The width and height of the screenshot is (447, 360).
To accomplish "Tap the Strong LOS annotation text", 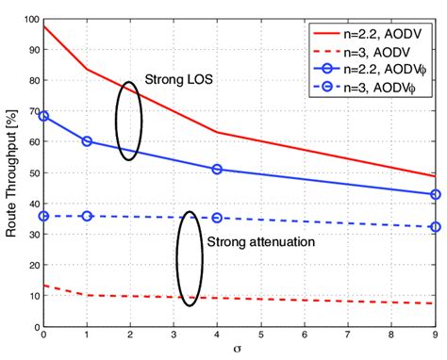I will coord(177,80).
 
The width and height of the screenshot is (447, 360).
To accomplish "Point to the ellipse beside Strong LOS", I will coord(129,120).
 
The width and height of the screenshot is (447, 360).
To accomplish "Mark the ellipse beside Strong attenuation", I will coord(190,257).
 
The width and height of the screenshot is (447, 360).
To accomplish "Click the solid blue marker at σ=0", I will coord(43,116).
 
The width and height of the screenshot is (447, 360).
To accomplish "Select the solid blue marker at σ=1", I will coord(87,141).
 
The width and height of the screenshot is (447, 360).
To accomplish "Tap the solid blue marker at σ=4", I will coord(218,169).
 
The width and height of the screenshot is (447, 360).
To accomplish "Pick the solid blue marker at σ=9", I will coord(435,194).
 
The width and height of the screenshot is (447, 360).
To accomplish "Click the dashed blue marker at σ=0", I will coord(43,216).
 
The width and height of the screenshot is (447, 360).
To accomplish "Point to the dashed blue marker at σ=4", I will coord(218,218).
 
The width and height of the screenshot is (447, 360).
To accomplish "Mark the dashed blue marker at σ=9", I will coord(435,227).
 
